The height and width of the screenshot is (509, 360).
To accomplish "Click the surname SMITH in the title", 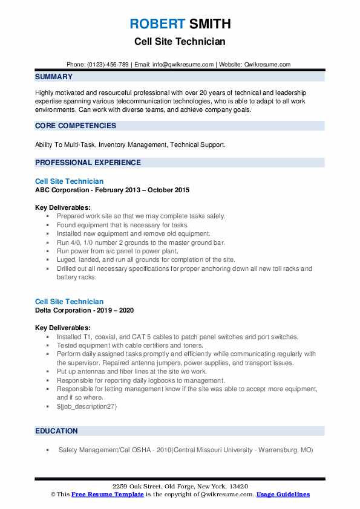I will coord(209,24).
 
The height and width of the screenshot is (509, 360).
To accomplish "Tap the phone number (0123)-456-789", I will coord(109,64).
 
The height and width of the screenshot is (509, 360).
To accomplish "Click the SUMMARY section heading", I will coord(54,77).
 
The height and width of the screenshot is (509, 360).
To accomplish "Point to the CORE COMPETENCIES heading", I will coord(76,126).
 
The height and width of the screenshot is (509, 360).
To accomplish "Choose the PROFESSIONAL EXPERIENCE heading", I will coord(88,163).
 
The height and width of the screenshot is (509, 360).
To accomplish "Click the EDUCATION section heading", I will coord(56,431).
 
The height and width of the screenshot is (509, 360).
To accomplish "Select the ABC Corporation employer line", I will coord(112,190).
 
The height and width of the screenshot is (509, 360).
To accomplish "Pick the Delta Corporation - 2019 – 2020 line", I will coord(84,310).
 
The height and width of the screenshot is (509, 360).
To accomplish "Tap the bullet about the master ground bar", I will coord(140,242).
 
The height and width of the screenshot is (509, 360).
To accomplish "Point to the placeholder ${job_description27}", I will coord(87,407).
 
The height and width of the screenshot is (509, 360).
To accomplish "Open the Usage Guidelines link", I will coord(283,494).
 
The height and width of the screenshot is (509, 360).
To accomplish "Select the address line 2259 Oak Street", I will coord(180,487).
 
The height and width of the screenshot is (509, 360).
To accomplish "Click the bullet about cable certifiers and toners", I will coord(130,345).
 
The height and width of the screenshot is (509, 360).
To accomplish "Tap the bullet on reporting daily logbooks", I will coord(140,381).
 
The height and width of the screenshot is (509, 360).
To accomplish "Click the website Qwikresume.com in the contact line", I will coord(267,64).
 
